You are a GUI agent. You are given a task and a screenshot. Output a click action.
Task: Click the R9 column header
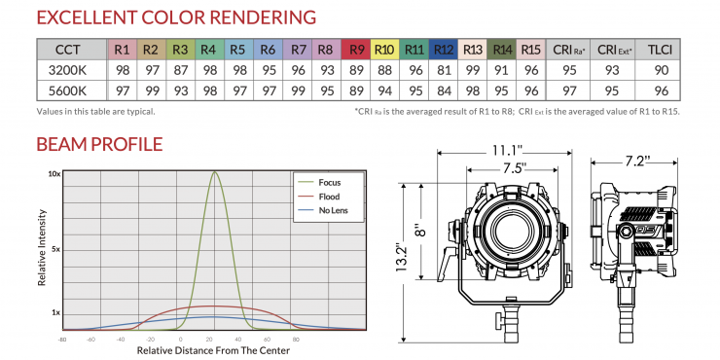tap(356, 50)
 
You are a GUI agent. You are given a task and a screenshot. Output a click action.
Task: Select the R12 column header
tap(443, 50)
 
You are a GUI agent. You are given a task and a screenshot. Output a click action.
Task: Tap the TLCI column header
tap(660, 50)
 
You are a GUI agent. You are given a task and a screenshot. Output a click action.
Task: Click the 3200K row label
tap(67, 71)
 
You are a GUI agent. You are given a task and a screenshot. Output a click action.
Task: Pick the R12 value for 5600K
tap(444, 90)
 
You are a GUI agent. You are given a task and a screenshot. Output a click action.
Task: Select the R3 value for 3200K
tap(180, 71)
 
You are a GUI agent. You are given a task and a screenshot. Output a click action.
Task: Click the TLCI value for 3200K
tap(660, 71)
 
